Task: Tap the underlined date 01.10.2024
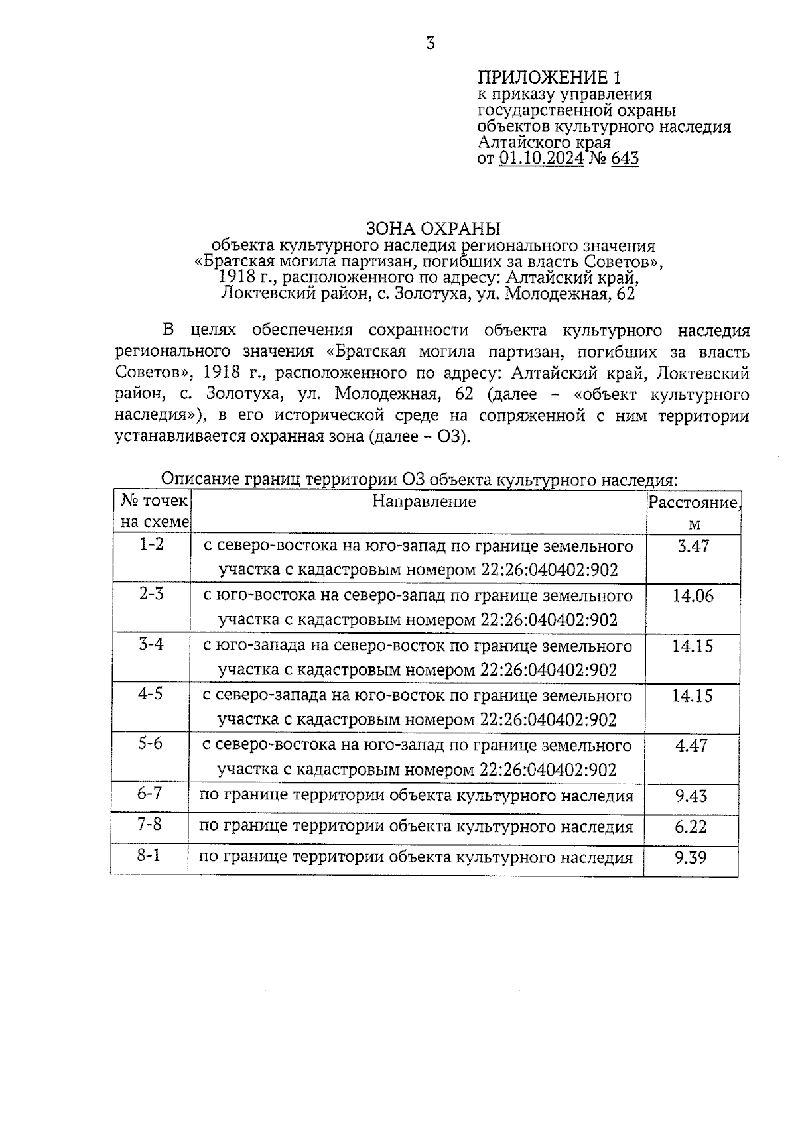[x=541, y=158]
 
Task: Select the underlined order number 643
[x=625, y=158]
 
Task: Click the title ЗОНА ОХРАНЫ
[x=433, y=229]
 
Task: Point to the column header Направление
[x=423, y=501]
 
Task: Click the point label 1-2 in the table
[x=151, y=544]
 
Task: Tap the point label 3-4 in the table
[x=151, y=644]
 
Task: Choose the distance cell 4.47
[x=692, y=746]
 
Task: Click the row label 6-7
[x=150, y=793]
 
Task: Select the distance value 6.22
[x=691, y=827]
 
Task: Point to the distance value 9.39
[x=691, y=858]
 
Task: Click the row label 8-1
[x=149, y=855]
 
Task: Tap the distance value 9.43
[x=692, y=796]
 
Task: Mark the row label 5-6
[x=150, y=743]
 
